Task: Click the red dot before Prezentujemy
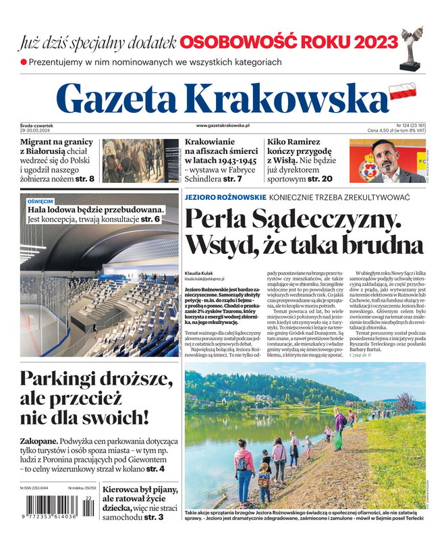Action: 24,62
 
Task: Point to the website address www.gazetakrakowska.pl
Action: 223,126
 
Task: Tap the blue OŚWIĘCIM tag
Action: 40,201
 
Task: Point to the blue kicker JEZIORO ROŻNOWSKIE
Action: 224,196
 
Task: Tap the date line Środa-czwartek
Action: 37,126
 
